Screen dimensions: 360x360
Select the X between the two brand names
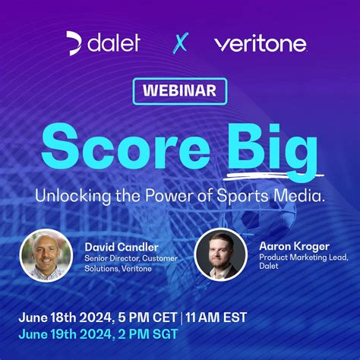(x=179, y=43)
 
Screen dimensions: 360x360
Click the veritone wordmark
(x=260, y=43)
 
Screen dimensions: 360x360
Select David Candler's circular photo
(x=46, y=255)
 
